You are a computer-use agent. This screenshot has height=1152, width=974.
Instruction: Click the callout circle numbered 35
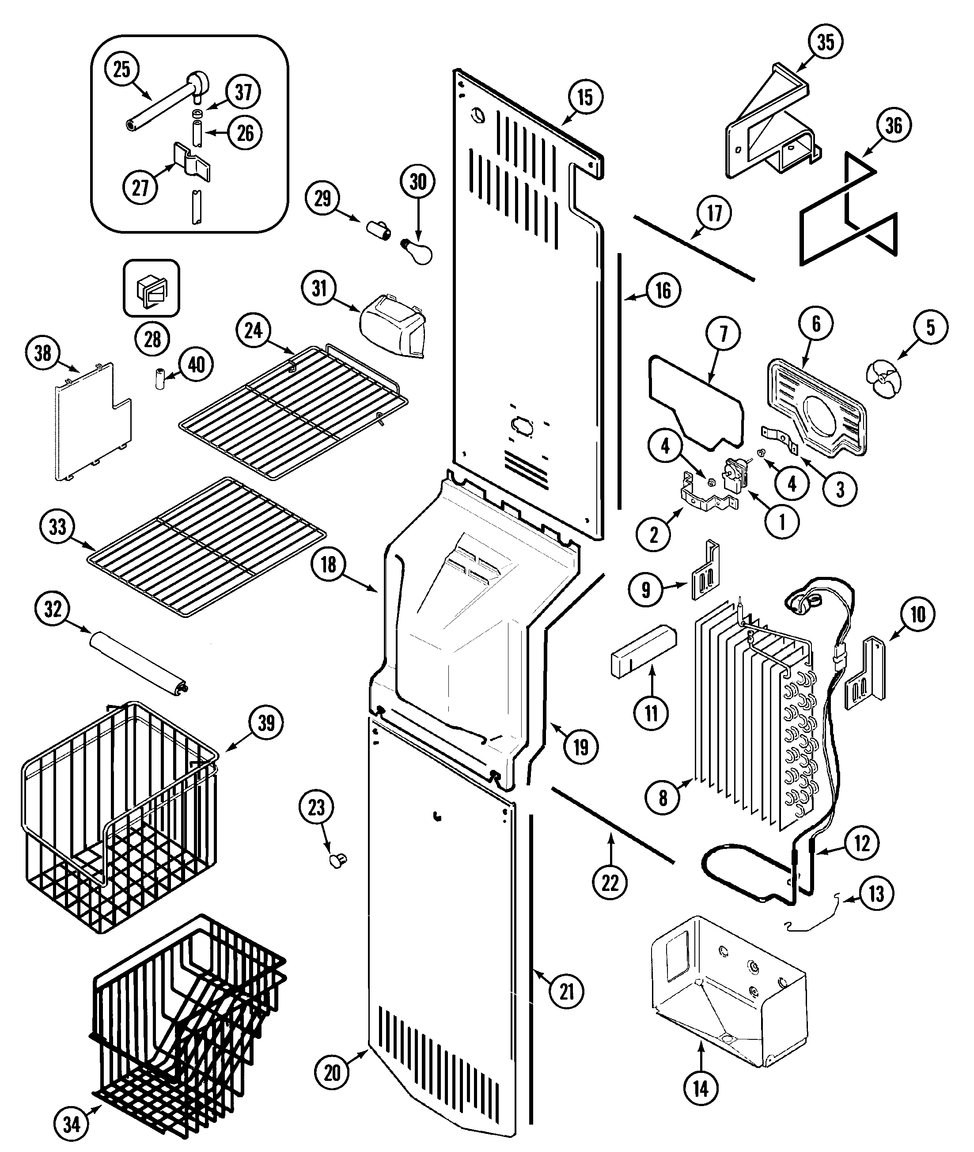coord(826,42)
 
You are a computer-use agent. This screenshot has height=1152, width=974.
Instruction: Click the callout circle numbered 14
coord(701,1089)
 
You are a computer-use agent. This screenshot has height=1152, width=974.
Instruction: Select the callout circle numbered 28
coord(152,339)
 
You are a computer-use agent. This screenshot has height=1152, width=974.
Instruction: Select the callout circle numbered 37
coord(243,92)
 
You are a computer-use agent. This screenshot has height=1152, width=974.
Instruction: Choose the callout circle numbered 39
coord(266,722)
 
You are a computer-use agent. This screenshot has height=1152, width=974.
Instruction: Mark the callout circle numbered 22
coord(610,883)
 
